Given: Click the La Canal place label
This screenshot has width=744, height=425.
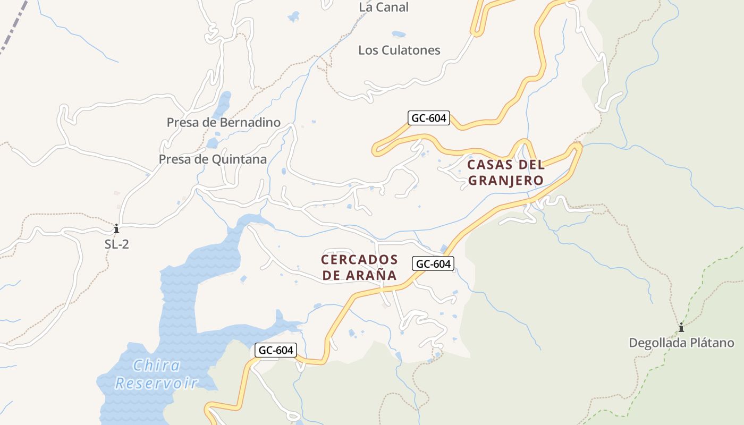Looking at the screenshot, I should (384, 7).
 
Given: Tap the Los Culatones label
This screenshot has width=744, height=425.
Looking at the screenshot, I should (399, 50).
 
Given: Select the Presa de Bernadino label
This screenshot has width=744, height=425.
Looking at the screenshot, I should (223, 123).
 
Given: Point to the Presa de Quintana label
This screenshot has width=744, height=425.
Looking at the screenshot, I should (213, 159).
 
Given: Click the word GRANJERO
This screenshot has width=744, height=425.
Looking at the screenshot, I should (505, 181).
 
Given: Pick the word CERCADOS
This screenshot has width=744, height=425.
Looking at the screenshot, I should (359, 260).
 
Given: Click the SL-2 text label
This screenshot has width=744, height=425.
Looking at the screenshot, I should (116, 244).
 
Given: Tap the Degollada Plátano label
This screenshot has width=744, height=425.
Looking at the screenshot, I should (681, 343).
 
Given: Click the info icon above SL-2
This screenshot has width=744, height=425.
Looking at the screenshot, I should (116, 229).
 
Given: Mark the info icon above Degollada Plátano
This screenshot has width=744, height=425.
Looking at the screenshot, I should (681, 327).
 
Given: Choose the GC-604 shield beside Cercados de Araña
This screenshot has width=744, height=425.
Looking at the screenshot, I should (434, 263).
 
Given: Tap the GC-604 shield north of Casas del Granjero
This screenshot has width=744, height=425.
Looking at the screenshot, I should (429, 118).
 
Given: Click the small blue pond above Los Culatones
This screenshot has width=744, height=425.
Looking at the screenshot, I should (399, 34).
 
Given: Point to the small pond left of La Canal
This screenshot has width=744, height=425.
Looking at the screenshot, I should (293, 16).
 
